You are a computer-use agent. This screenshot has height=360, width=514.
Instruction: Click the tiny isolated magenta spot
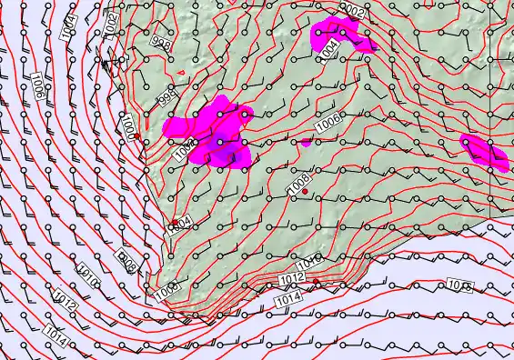[x=307, y=142]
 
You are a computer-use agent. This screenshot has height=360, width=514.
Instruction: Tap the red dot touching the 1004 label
[x=173, y=221]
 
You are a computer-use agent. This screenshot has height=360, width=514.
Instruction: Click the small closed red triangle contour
[x=182, y=73]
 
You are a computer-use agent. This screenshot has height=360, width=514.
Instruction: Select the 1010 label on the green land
[x=310, y=261]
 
